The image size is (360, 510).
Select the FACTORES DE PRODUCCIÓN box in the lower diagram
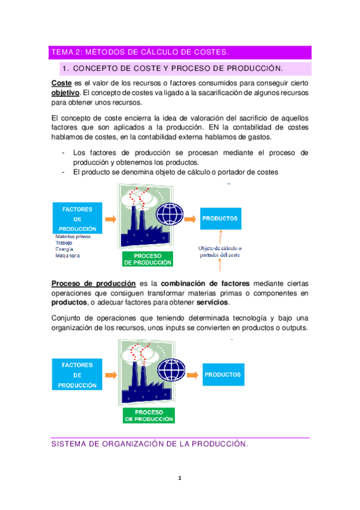[77, 374]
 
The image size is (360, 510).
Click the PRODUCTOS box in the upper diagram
[220, 218]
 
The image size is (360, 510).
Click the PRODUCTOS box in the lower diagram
[222, 375]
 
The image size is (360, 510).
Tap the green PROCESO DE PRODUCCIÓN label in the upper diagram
[147, 259]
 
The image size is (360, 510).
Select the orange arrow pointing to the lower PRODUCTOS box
[191, 374]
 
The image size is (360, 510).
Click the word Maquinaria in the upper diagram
[67, 255]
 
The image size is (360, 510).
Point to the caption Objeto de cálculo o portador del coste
[220, 251]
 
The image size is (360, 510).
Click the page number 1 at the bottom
[179, 479]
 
